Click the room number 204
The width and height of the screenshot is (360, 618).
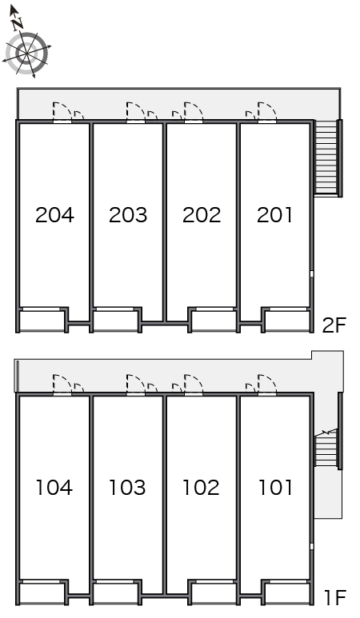pos(55,215)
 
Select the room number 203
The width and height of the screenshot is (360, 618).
pos(128,215)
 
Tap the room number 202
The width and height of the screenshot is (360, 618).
pos(202,215)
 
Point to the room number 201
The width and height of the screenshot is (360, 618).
pos(275,215)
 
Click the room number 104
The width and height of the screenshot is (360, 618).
pos(54,487)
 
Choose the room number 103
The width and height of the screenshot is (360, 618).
pos(127,487)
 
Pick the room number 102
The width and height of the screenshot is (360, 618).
pos(201,487)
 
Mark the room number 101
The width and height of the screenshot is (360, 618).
pos(275,487)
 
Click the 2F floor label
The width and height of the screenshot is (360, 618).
pos(334,325)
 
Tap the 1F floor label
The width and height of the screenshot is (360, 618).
pos(334,597)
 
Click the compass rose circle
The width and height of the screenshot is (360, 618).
pos(27,54)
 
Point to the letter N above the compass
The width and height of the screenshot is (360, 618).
pos(18,25)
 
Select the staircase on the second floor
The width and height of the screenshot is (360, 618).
pos(326,157)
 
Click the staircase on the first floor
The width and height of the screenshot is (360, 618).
pos(326,449)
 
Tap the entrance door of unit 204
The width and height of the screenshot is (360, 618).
pos(62,112)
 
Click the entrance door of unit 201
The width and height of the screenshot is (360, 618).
pos(267,112)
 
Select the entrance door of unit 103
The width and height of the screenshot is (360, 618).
pos(136,385)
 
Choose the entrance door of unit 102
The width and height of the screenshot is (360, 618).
pos(194,385)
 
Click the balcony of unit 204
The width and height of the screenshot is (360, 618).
pos(42,321)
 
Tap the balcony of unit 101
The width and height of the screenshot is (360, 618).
pos(287,593)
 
